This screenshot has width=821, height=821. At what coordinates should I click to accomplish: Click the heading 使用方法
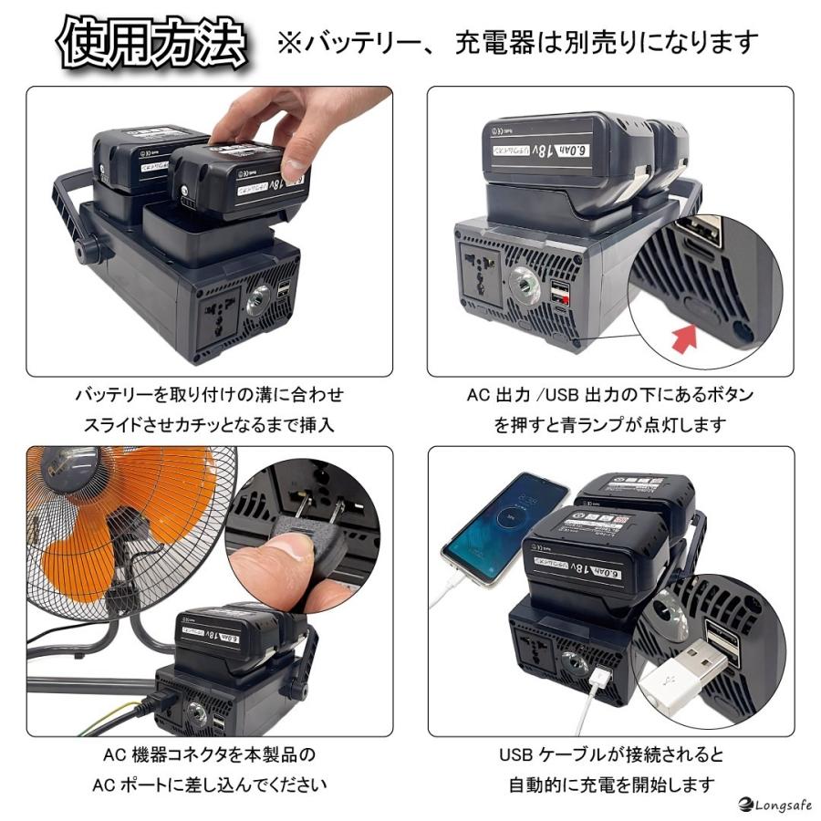coord(153,41)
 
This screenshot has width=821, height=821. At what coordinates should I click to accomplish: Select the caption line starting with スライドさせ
coord(209,424)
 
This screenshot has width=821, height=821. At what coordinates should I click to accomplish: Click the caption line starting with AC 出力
coord(610,395)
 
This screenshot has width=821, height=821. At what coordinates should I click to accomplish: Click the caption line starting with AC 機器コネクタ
coord(209,755)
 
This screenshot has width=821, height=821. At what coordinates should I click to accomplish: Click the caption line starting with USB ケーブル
coord(611,755)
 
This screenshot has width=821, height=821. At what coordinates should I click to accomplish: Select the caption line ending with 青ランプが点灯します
coord(610,424)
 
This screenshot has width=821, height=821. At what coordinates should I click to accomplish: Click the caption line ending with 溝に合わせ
coord(209,395)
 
